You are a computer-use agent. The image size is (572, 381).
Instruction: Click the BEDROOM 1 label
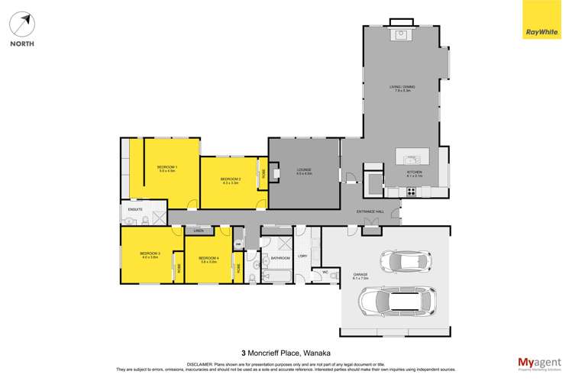(x=166, y=168)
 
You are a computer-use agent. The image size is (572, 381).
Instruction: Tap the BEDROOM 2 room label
(x=231, y=181)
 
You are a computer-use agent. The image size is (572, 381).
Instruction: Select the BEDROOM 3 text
(x=149, y=254)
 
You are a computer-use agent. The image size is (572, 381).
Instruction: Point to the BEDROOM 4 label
(x=208, y=259)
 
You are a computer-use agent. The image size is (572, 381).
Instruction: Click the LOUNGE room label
(x=305, y=171)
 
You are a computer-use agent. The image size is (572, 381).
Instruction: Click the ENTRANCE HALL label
(x=370, y=211)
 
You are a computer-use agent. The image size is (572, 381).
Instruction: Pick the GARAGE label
(x=360, y=276)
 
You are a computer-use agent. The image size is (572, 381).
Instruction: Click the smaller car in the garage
(x=407, y=261)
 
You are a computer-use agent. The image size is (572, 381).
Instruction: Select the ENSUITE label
(x=135, y=208)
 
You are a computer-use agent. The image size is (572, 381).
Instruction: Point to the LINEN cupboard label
(x=198, y=231)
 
